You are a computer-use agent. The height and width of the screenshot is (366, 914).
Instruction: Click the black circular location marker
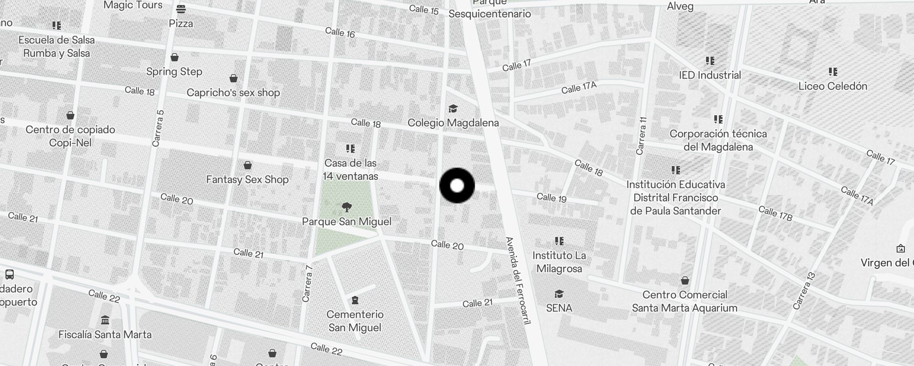(457, 186)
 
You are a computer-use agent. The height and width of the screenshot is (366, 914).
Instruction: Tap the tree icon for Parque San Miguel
(347, 207)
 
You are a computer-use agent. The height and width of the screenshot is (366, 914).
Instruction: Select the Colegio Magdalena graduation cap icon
(453, 108)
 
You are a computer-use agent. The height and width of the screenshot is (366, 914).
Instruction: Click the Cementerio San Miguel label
(355, 321)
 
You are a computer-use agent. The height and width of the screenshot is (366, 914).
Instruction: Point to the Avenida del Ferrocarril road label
(517, 280)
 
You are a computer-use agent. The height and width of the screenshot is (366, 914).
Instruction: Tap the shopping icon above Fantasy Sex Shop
(248, 165)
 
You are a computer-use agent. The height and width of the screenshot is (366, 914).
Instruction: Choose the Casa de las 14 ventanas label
(351, 170)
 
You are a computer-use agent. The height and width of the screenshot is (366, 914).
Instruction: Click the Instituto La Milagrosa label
(559, 262)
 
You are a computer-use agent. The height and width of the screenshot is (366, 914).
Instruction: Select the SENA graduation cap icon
(559, 294)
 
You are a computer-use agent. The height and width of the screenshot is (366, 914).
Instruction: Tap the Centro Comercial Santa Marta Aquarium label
(685, 301)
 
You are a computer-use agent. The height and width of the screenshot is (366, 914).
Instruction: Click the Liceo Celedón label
(833, 86)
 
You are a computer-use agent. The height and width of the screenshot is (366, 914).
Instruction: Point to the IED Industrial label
(710, 75)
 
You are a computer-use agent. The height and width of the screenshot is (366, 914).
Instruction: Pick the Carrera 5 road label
(158, 129)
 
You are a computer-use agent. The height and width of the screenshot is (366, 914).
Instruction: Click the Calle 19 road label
(552, 198)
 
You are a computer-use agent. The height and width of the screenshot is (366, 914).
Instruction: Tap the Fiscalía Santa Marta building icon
(105, 319)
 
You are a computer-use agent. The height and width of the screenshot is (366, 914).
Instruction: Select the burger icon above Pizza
(181, 9)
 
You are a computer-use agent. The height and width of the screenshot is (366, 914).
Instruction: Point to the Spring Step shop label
(174, 71)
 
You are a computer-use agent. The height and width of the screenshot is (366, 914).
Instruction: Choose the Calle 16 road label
(340, 32)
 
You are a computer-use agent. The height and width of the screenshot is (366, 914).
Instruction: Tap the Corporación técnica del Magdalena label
(718, 140)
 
